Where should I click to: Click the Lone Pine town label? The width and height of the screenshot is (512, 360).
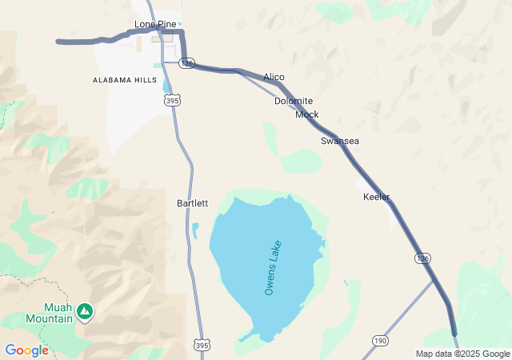pos(155,24)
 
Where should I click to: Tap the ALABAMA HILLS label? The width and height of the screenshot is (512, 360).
pos(124,81)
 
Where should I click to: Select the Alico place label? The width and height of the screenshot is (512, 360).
pos(274,77)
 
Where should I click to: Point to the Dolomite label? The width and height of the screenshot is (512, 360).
pos(294,101)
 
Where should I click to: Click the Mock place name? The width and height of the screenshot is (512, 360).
pos(306,114)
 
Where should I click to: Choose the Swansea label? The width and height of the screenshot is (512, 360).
pos(340,141)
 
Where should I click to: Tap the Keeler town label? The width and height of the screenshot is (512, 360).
pos(376,197)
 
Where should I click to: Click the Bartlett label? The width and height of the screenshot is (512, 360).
pos(192,203)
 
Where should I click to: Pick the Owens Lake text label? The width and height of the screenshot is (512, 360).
pos(273,267)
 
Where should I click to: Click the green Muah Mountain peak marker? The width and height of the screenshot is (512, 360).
pos(84,310)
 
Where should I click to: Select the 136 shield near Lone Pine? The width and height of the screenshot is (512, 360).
pos(187,62)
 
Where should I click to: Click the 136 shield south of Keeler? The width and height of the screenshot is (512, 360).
pos(423,258)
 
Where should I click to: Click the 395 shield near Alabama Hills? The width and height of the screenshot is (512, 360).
pos(171,100)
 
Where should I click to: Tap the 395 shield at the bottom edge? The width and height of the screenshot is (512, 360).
pos(202,343)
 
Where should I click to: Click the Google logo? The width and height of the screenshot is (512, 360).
pos(26,350)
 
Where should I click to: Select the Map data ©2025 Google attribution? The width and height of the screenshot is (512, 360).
pos(462,354)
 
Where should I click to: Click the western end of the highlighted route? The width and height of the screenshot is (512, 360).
pos(58,41)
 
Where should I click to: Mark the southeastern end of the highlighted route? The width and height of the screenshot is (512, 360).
pos(454,333)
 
